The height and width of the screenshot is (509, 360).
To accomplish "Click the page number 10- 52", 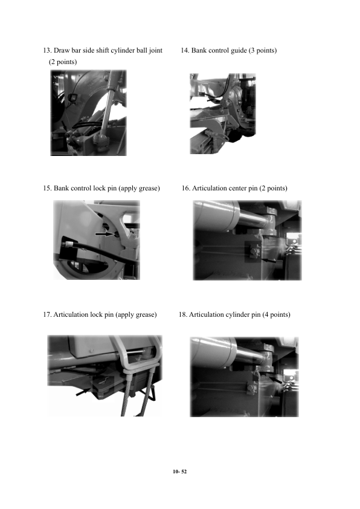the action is tap(179, 472).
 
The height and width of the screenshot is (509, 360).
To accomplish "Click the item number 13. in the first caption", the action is tap(47, 50).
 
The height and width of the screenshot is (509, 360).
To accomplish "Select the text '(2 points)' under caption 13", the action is tap(63, 62).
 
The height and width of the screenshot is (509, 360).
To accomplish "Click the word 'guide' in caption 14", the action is tap(239, 51).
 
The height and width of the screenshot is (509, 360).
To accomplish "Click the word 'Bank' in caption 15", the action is tap(61, 188).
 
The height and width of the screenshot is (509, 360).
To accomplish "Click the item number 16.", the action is tap(186, 188).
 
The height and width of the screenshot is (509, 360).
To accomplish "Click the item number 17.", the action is tap(47, 314).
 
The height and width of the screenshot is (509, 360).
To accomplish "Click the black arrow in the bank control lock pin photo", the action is tap(105, 234).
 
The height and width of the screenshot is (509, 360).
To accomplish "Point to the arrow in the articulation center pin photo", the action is tap(268, 260).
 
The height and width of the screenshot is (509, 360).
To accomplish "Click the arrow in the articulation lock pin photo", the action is tap(83, 392).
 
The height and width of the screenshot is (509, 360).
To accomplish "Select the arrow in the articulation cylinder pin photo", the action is tap(275, 379).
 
